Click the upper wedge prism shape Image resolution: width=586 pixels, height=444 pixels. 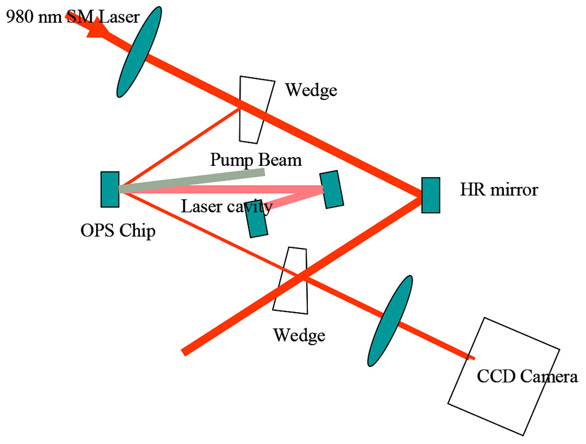tap(255, 108)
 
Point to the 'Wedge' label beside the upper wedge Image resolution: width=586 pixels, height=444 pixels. tap(311, 91)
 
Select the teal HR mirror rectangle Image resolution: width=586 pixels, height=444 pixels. tap(431, 195)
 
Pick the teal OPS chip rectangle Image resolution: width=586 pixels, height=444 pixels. tap(110, 189)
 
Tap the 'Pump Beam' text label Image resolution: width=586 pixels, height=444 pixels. tap(255, 160)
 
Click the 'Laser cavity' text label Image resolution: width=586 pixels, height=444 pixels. tap(226, 207)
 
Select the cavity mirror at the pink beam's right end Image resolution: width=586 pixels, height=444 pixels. tap(331, 188)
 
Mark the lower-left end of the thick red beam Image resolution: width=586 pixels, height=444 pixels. tap(184, 352)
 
